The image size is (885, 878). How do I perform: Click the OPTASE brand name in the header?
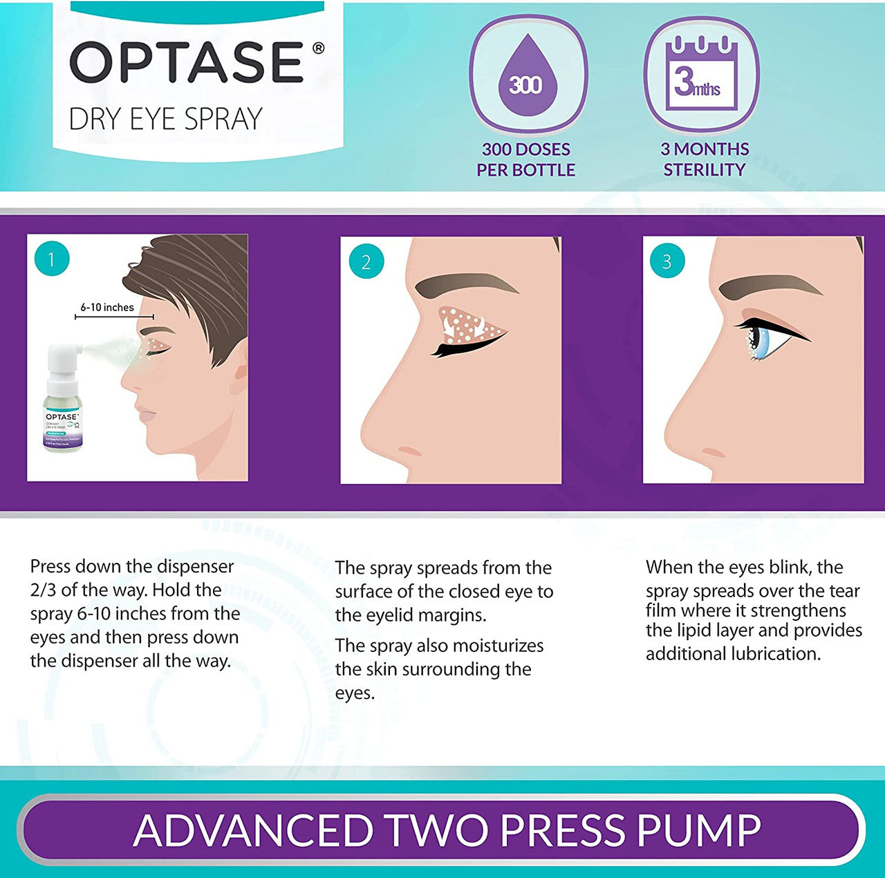(187, 63)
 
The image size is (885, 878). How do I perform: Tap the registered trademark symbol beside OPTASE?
(318, 48)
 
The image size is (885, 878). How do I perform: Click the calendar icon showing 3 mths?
(701, 75)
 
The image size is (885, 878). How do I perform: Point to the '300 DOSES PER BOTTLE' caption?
(525, 160)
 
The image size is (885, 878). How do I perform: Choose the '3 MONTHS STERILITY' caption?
(704, 160)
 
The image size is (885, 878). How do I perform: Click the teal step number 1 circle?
(51, 260)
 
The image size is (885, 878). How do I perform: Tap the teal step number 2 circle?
(366, 262)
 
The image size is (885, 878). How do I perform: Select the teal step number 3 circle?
(667, 261)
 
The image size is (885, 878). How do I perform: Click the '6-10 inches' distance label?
(107, 308)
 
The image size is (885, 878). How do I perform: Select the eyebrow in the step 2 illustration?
(470, 285)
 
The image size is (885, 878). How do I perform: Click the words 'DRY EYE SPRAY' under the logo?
(166, 119)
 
